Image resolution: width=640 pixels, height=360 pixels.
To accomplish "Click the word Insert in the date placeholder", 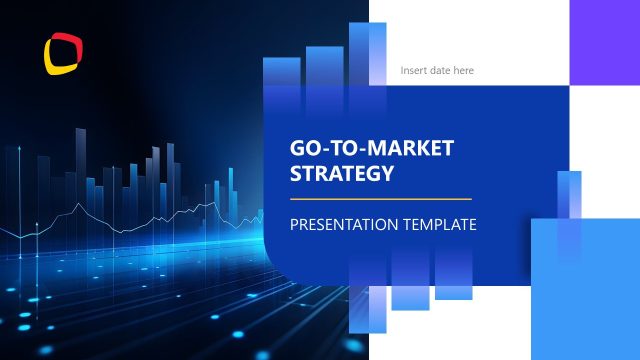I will (x=414, y=71).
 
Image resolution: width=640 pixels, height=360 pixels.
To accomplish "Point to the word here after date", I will (x=465, y=71).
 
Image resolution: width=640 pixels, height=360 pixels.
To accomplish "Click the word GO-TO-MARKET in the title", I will (x=371, y=149).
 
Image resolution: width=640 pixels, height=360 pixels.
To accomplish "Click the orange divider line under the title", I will (x=380, y=199).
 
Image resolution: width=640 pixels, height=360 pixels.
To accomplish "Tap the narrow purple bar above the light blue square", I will (x=569, y=206).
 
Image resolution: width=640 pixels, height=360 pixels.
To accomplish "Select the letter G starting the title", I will (x=297, y=149).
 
